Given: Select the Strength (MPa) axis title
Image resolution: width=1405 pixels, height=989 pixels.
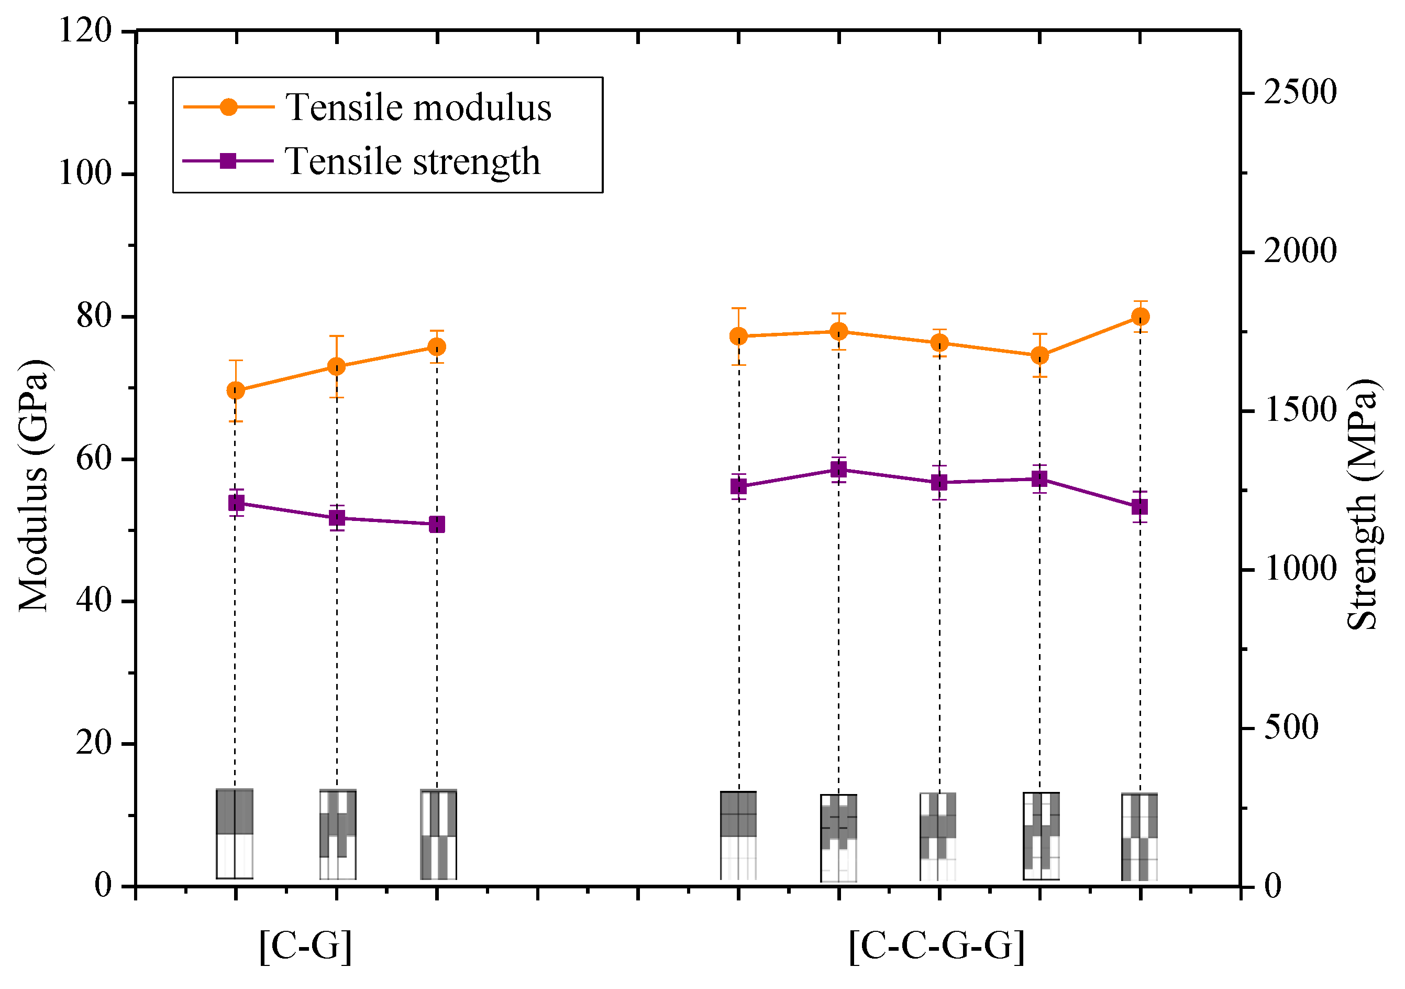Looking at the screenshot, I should (x=1362, y=505).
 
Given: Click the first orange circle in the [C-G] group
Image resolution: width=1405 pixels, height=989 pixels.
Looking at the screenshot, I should (x=236, y=390).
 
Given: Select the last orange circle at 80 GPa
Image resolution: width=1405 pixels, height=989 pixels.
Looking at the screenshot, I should (x=1140, y=317).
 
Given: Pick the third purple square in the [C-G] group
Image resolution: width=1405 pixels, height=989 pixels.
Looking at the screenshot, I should (x=437, y=524).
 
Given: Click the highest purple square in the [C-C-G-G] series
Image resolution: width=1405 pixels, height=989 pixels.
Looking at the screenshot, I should (x=839, y=470).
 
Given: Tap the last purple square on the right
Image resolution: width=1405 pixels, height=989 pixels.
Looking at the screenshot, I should (x=1140, y=507).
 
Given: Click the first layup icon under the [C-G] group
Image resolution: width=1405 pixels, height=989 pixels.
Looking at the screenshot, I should (x=235, y=834).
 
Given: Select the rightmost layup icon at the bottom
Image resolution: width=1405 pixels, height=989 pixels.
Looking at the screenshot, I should (x=1140, y=837).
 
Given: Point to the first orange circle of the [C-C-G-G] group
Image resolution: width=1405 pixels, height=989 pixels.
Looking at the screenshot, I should (x=738, y=336).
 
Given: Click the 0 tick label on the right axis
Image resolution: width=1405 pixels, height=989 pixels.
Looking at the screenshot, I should (x=1273, y=886).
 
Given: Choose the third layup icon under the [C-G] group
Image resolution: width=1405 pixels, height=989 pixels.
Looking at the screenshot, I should (x=438, y=835).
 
